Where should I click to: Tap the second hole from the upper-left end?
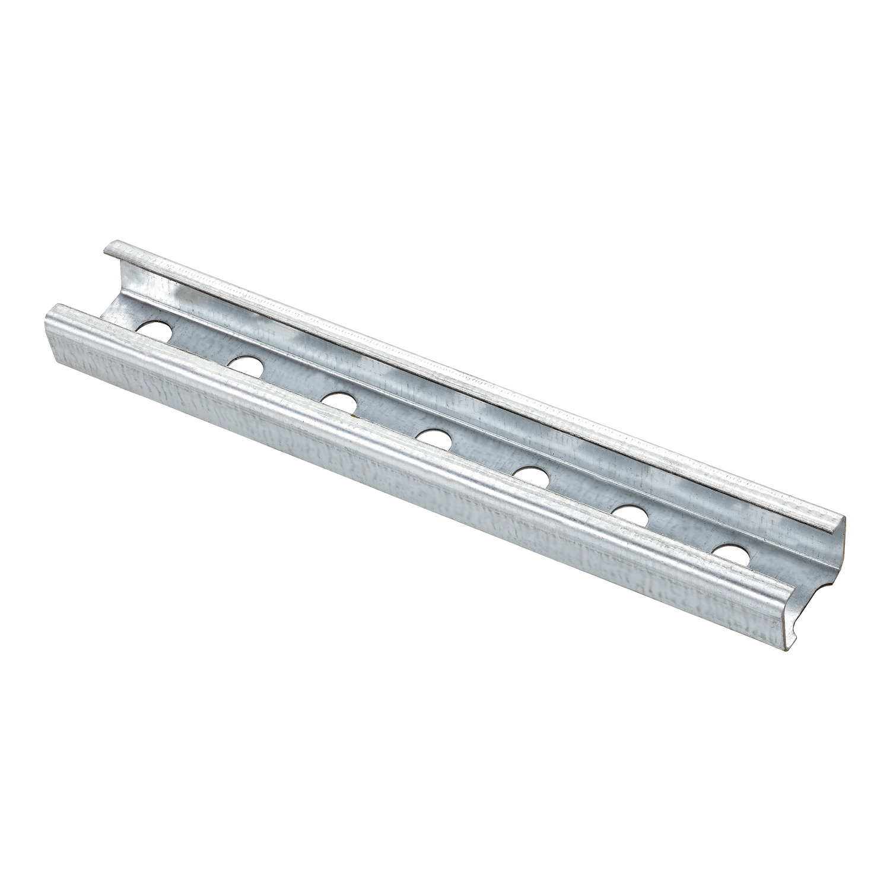(246, 365)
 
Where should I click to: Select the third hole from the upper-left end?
(339, 401)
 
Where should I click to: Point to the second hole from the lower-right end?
(629, 514)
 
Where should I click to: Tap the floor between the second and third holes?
(294, 386)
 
